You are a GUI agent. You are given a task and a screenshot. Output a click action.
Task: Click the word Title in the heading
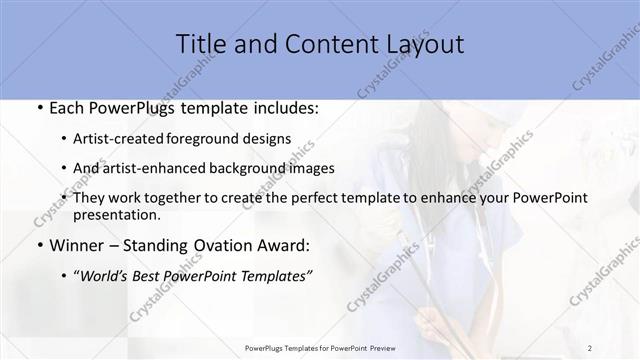(199, 44)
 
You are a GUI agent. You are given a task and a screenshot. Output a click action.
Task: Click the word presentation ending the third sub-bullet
(116, 214)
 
